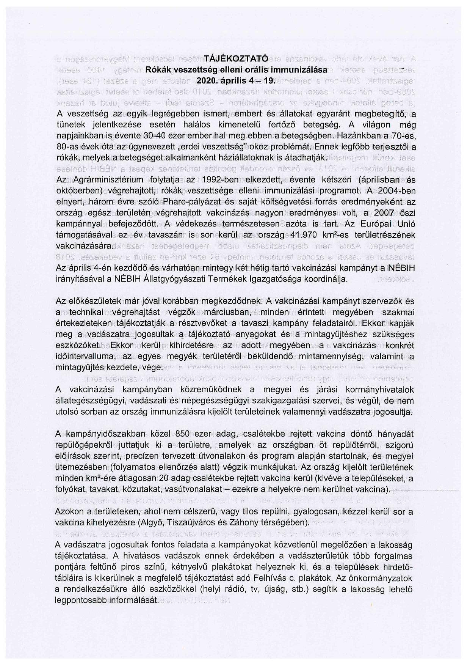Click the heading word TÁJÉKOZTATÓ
(236, 59)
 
